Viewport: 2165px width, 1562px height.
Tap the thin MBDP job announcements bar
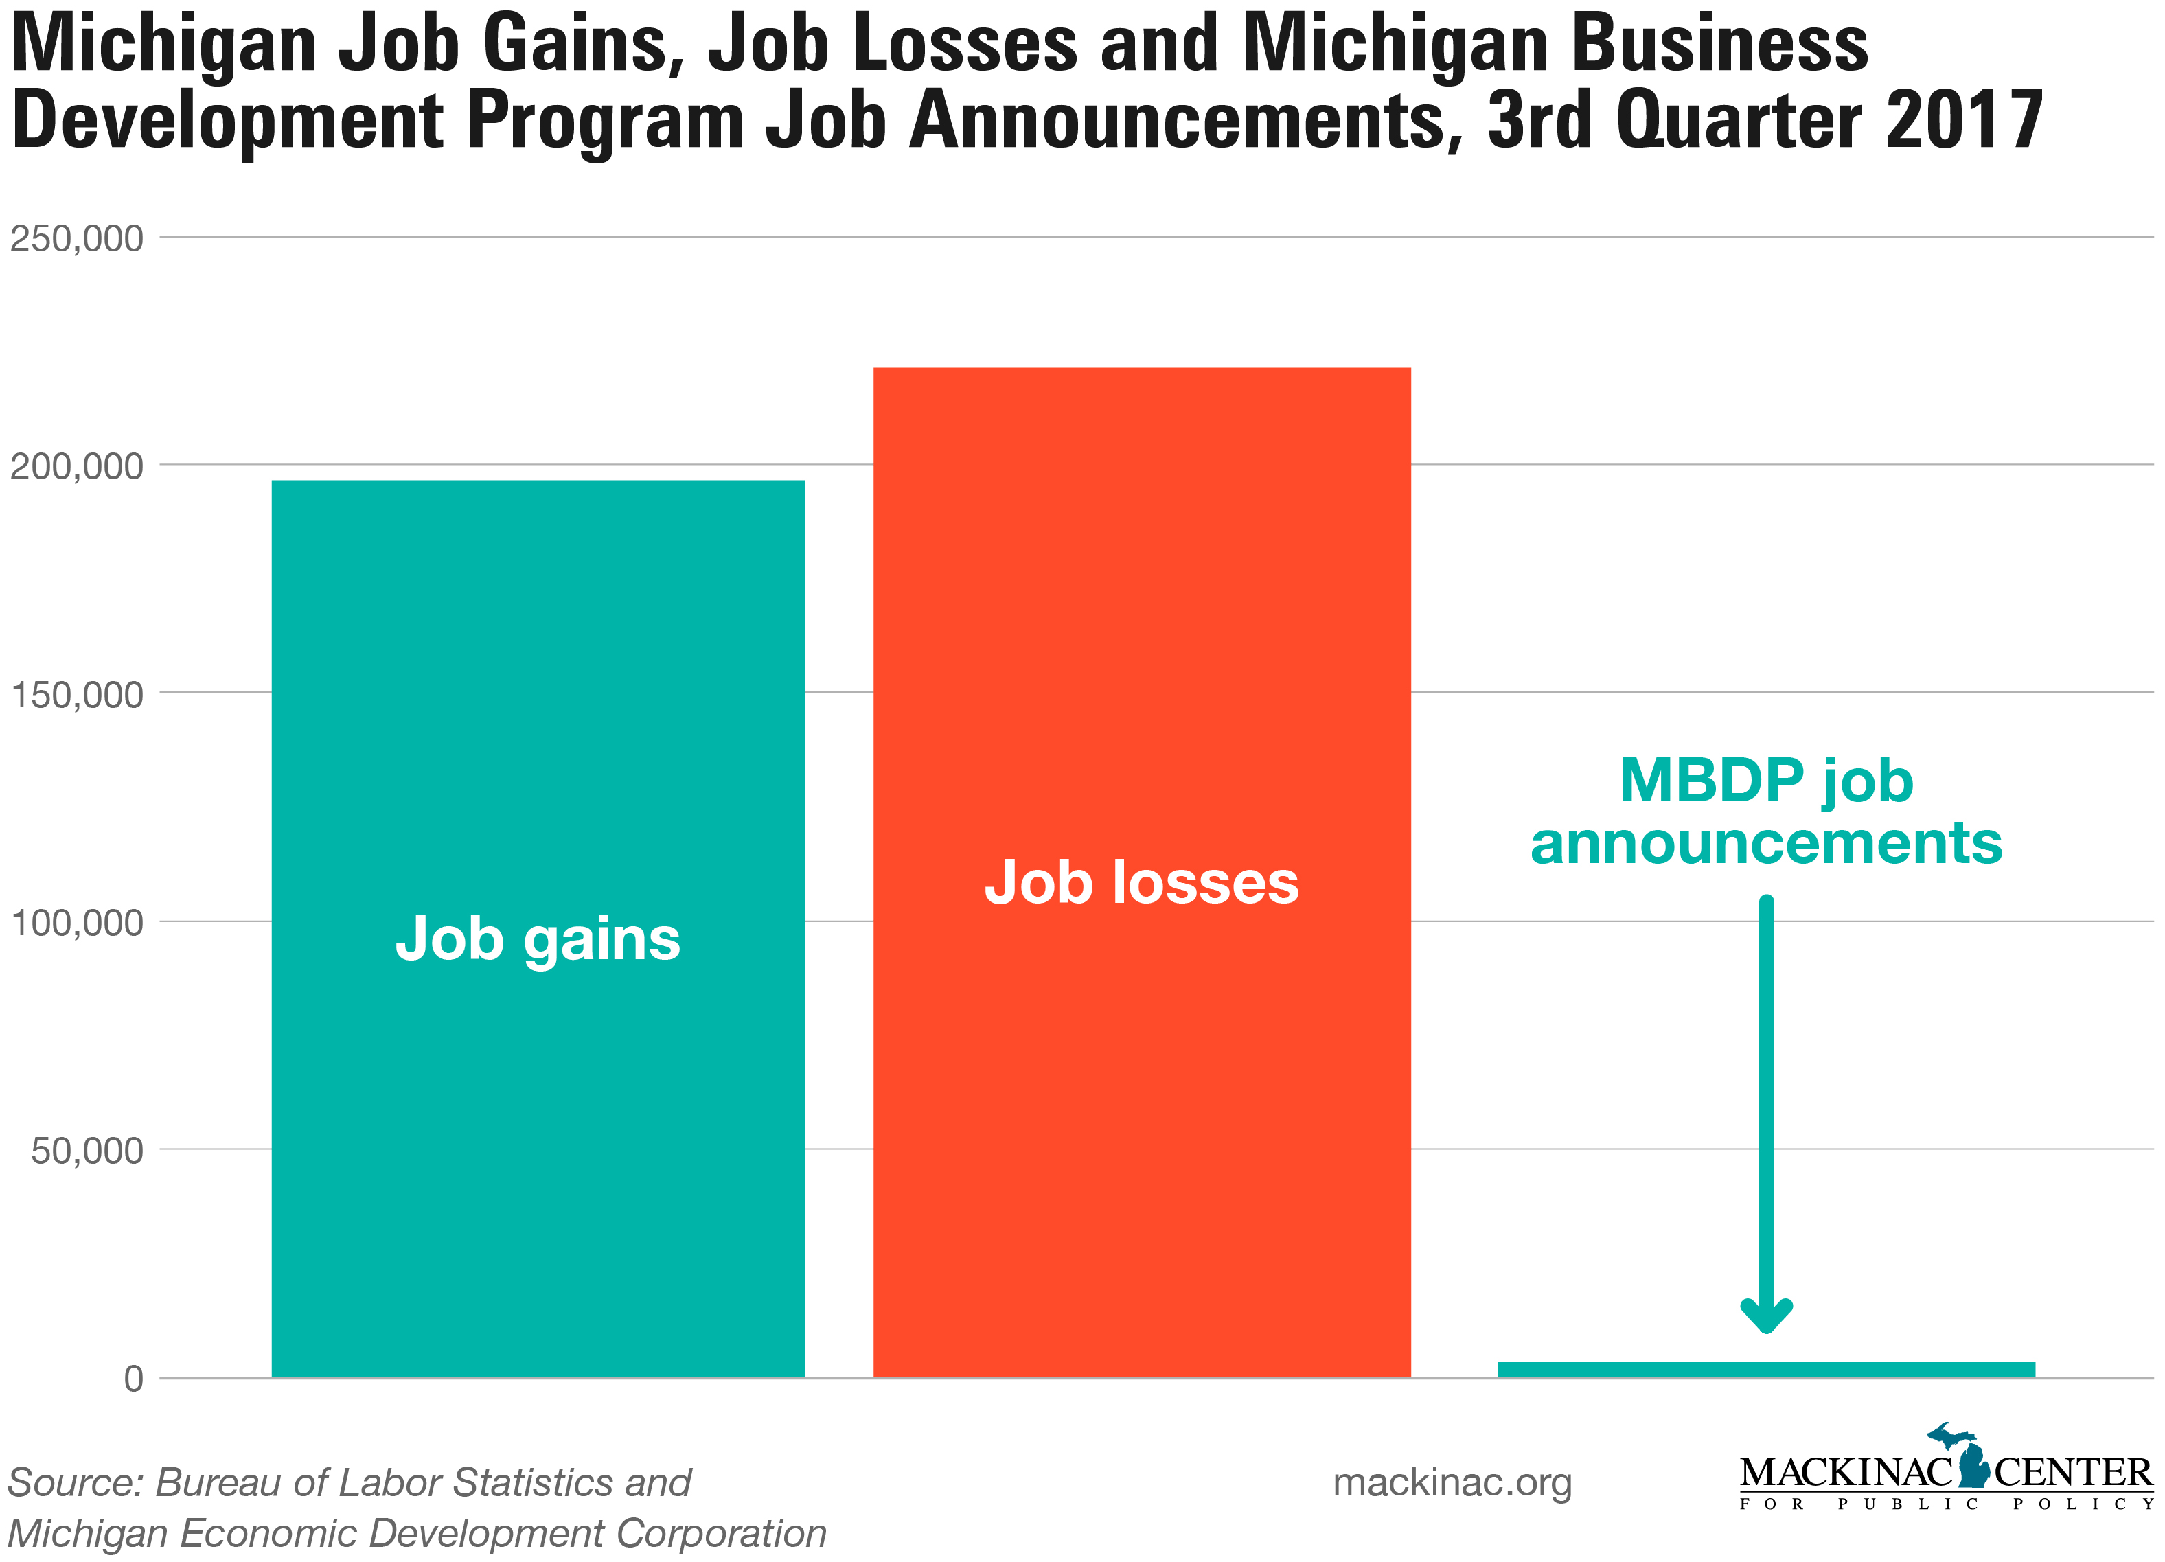[1766, 1369]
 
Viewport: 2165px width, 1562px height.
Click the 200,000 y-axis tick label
[76, 466]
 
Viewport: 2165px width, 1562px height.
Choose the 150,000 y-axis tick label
[76, 694]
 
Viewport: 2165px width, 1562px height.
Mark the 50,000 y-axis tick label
[87, 1151]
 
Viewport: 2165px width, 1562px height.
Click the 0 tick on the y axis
[134, 1379]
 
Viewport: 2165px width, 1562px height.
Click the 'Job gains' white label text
[538, 939]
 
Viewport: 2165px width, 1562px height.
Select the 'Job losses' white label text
[1142, 882]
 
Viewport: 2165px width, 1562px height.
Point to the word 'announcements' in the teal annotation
[1766, 844]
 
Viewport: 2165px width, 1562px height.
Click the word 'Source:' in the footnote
[76, 1483]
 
